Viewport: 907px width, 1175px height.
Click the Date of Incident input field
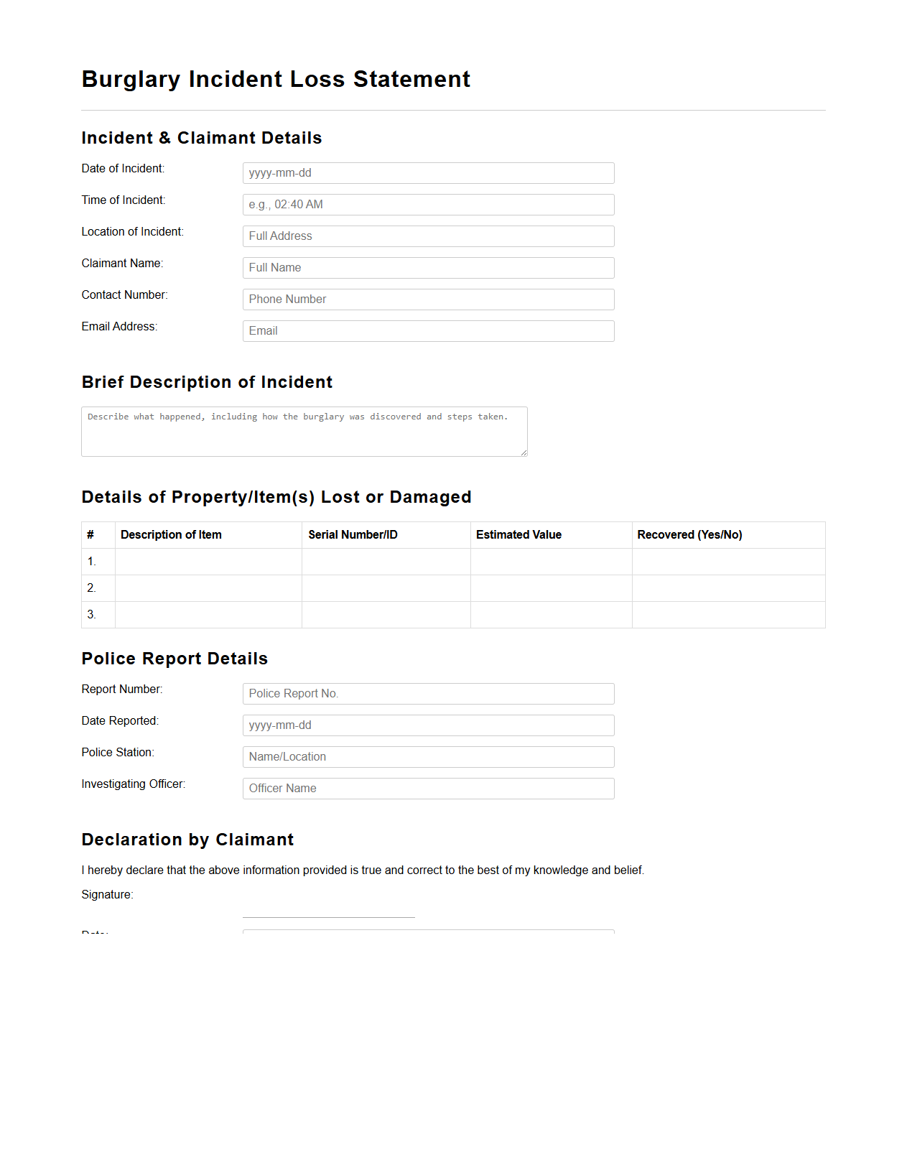pos(428,173)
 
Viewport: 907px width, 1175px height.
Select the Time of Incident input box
pos(428,205)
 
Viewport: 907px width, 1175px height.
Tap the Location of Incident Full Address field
pos(428,236)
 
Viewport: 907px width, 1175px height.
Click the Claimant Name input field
pos(428,268)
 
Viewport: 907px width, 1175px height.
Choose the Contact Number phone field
pos(428,299)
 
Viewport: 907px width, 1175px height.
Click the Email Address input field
pos(428,331)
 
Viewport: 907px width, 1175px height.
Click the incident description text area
pos(304,432)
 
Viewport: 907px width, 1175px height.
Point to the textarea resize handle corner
pos(524,452)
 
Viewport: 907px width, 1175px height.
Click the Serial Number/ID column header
pos(353,535)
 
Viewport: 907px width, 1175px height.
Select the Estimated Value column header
pos(518,535)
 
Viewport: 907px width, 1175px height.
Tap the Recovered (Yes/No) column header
pos(689,535)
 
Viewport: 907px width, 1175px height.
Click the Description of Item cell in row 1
pos(208,562)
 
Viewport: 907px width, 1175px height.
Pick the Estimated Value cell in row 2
pos(551,588)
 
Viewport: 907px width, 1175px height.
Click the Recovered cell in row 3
pos(728,615)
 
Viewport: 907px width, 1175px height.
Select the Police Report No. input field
pos(428,694)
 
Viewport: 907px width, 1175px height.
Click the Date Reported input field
pos(428,725)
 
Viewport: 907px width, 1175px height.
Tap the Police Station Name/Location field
pos(428,757)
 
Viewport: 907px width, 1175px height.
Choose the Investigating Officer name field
pos(428,789)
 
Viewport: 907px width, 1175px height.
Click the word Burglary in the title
pos(131,80)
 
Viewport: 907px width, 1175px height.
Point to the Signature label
pos(107,895)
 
